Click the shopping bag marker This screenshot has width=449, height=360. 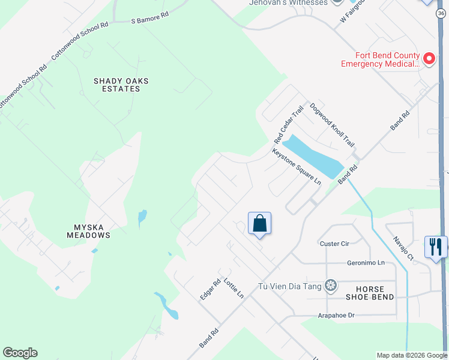259,224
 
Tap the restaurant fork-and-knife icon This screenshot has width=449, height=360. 435,246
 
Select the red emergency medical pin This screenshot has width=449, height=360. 429,58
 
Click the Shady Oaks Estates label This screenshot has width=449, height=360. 121,85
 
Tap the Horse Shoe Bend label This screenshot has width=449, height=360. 370,292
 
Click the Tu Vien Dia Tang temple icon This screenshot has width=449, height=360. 330,285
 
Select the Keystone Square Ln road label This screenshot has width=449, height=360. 297,166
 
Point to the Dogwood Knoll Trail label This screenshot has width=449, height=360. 331,125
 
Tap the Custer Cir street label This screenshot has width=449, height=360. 334,244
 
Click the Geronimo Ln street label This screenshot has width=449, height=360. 365,263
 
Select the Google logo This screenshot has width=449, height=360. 20,353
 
